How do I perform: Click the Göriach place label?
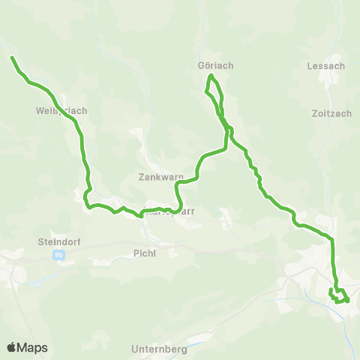[216, 65]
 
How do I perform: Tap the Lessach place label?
[326, 65]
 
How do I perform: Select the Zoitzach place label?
[331, 114]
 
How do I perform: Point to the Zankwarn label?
[161, 178]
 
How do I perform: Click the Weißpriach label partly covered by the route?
[61, 110]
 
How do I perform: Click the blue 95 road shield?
[58, 255]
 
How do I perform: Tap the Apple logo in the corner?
[12, 347]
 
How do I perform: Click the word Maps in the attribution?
[34, 348]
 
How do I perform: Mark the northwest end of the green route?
[12, 57]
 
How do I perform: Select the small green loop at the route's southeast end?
[340, 295]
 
